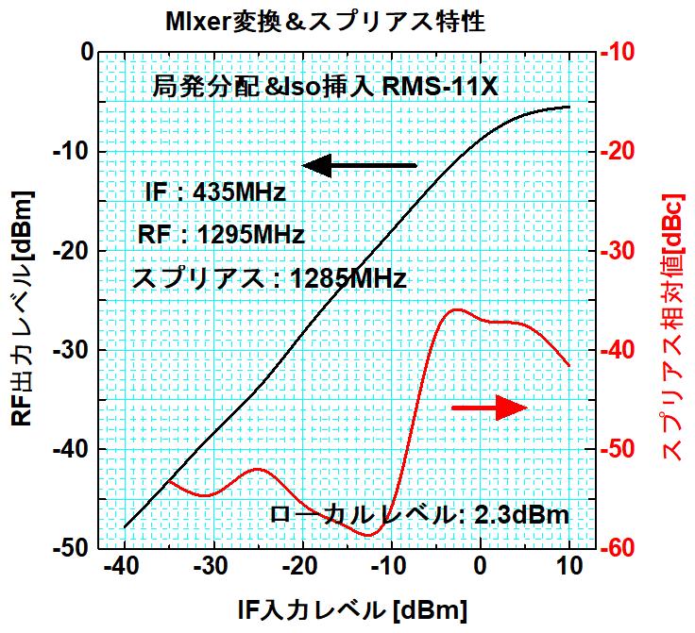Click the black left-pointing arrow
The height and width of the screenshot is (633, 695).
click(359, 165)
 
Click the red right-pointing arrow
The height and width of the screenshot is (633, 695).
click(489, 408)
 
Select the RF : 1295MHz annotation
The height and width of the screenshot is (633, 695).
click(221, 235)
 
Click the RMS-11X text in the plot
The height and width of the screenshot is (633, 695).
click(444, 88)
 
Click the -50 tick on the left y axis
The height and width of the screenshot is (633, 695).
click(74, 548)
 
